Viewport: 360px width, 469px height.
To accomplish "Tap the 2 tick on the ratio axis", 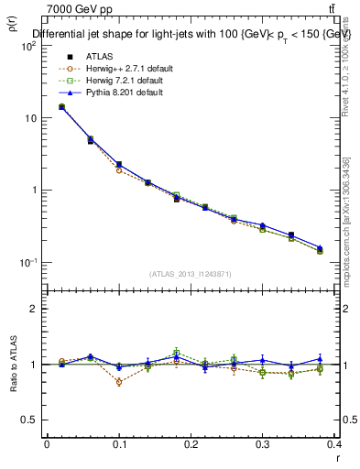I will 34,309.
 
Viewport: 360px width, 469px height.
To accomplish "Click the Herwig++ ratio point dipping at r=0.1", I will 119,382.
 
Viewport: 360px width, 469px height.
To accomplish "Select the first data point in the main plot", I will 61,107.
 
